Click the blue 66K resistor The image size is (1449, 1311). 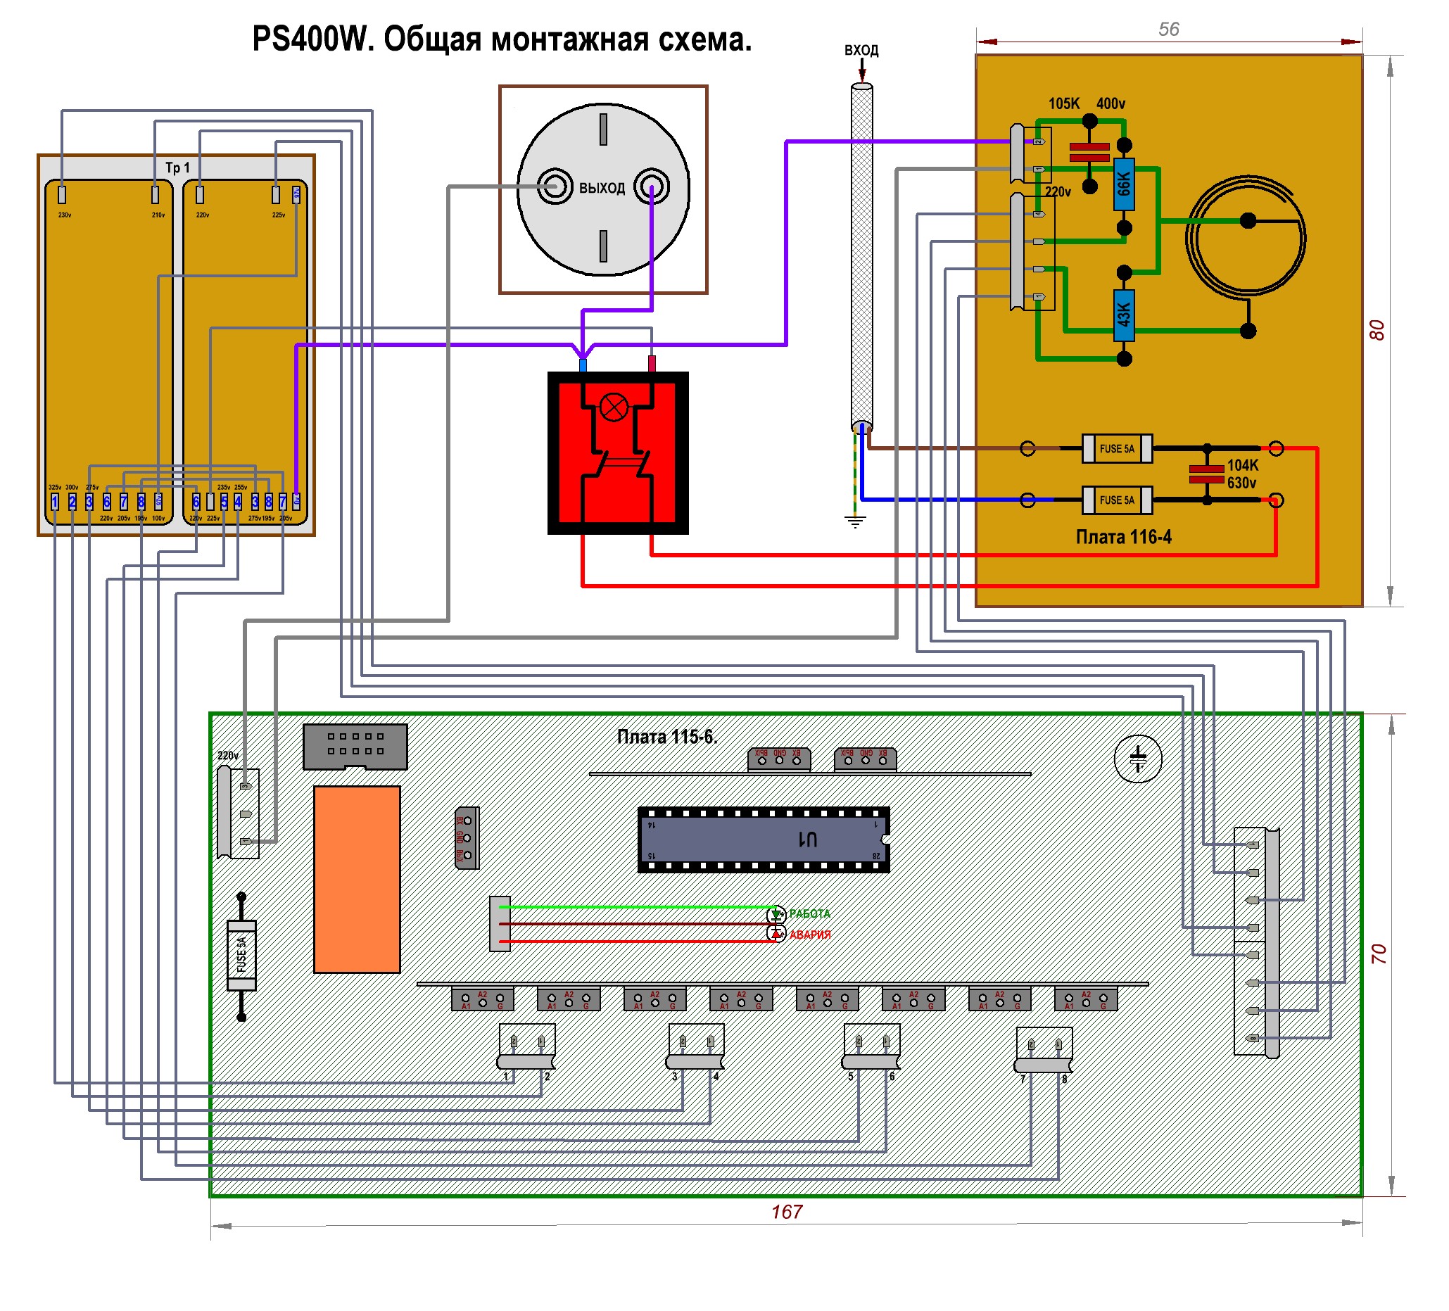[1123, 184]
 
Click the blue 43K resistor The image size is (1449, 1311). [1123, 315]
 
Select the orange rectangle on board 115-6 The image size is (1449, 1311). [357, 879]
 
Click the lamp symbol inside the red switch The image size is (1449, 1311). [614, 407]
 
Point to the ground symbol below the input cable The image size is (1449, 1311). [854, 521]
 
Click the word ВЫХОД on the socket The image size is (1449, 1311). [602, 189]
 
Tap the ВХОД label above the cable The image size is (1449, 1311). [861, 50]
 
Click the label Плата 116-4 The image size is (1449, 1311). [1123, 537]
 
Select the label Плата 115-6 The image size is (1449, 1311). [667, 737]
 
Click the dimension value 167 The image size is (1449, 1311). [786, 1212]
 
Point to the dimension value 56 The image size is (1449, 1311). [1169, 30]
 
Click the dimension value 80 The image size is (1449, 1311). [1376, 330]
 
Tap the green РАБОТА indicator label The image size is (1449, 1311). [809, 913]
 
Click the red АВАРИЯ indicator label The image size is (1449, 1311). [810, 935]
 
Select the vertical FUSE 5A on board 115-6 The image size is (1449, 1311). [241, 955]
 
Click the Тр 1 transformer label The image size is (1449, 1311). [177, 167]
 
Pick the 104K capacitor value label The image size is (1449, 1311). [1243, 465]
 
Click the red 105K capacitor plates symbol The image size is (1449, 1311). [1089, 152]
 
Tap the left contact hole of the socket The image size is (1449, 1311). [555, 186]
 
